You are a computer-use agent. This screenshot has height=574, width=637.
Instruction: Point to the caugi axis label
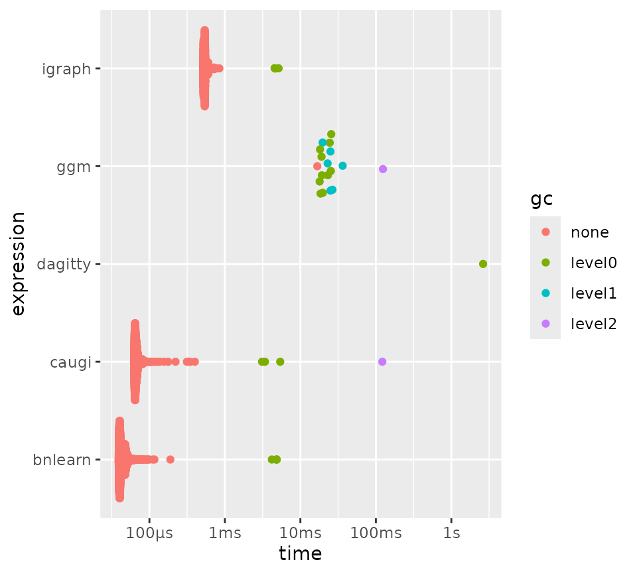coord(72,362)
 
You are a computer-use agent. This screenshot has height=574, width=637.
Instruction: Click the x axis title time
coord(301,553)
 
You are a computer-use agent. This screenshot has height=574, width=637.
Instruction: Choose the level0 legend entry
coord(593,263)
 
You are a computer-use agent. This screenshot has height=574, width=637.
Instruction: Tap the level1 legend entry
coord(593,293)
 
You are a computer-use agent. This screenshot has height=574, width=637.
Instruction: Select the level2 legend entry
coord(593,324)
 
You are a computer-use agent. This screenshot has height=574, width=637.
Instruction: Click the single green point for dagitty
coord(483,264)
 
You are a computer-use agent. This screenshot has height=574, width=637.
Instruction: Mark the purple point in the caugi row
coord(382,362)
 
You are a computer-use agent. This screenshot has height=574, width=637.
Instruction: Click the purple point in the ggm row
coord(383,169)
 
